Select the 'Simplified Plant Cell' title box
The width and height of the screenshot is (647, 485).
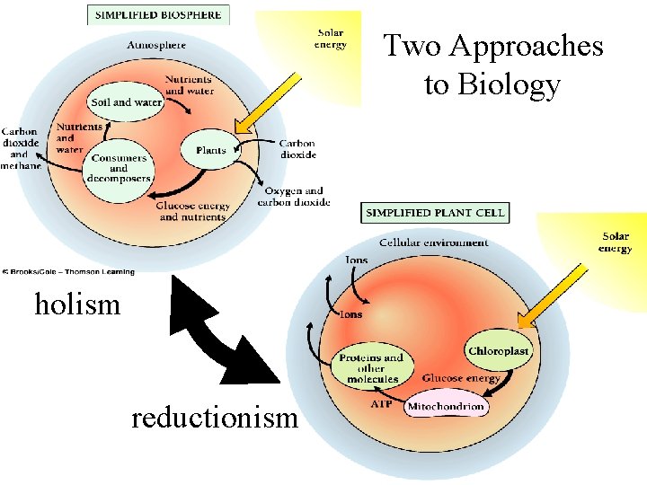435,213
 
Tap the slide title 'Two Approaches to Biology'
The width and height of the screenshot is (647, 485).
492,65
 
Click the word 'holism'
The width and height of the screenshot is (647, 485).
77,305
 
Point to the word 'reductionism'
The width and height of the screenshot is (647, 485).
214,418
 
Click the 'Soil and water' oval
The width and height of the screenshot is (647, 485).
126,102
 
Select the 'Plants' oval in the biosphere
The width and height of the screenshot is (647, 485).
210,151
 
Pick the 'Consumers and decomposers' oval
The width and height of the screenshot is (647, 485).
119,169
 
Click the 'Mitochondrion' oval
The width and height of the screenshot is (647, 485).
446,407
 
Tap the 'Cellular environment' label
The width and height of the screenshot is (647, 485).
433,242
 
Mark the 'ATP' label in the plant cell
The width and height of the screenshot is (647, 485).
381,405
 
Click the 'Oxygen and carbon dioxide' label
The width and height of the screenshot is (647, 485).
293,197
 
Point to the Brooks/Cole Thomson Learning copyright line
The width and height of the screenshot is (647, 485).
68,271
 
